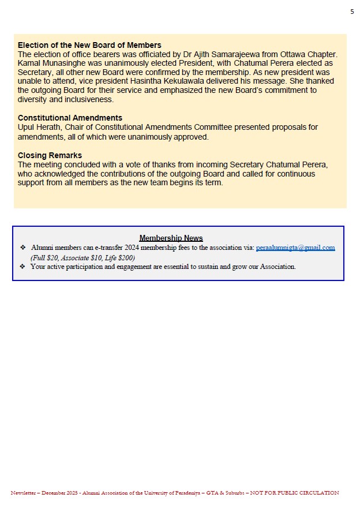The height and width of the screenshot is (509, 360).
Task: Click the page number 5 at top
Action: pos(352,12)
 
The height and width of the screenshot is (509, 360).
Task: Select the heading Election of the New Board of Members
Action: pos(89,45)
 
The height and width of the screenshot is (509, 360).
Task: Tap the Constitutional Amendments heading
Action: pos(70,118)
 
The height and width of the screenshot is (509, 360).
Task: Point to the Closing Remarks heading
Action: pos(50,155)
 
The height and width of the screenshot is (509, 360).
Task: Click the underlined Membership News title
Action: pos(171,238)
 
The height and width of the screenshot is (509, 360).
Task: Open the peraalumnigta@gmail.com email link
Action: pos(295,248)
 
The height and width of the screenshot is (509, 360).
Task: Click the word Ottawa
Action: pos(295,54)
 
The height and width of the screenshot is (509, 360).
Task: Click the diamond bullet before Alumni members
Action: pos(23,248)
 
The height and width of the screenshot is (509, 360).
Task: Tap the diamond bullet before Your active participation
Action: pos(23,267)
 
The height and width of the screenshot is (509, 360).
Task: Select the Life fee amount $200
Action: pos(126,257)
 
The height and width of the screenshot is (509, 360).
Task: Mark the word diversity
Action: pos(35,99)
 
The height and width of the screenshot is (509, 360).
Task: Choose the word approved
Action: pos(190,137)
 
